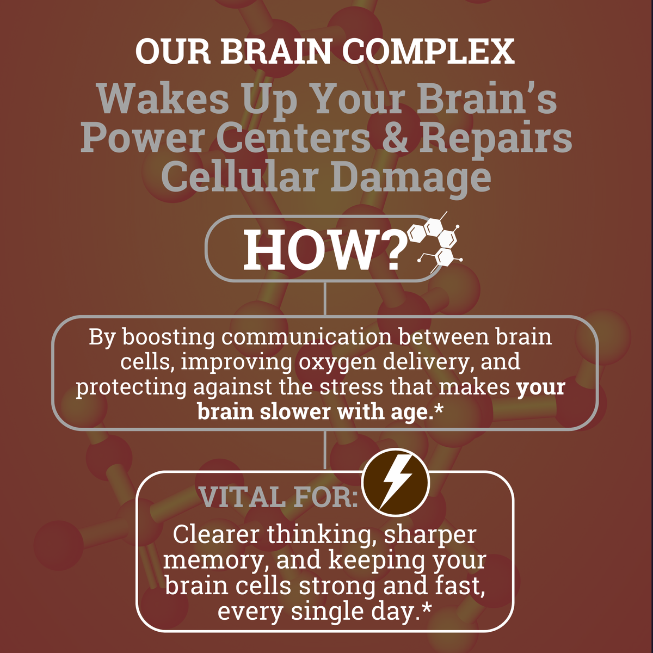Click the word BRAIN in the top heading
(276, 51)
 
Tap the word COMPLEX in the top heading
(428, 51)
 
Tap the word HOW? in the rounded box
(325, 250)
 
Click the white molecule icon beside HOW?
(436, 242)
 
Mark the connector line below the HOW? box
(325, 299)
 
